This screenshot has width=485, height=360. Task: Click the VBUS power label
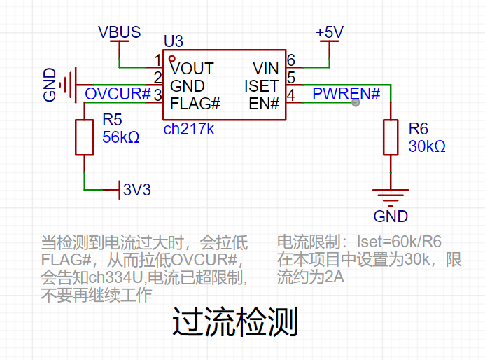point(120,32)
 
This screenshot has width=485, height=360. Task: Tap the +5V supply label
point(330,32)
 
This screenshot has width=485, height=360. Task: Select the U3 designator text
point(174,41)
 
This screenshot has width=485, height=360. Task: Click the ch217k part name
point(189,129)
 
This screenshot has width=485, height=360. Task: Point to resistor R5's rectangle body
point(85,137)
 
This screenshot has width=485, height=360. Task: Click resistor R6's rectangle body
point(391,137)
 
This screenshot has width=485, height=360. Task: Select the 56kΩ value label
point(121,137)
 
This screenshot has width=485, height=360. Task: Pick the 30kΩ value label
point(427,146)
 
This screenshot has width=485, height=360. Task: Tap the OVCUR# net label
point(118,94)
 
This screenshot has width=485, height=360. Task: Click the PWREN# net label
point(346,93)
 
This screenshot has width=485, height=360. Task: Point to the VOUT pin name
point(192,69)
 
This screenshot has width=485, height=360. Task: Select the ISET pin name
point(262,86)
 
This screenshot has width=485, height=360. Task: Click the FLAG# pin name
point(195,104)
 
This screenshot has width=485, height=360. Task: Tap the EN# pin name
point(264,104)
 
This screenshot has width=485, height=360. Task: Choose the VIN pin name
point(266,69)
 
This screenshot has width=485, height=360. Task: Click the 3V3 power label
point(137,189)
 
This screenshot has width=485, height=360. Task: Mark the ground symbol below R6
point(391,198)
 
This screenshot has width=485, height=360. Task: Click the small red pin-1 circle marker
point(172,59)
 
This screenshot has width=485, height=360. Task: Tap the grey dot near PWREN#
point(356,102)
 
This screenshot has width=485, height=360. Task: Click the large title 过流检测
point(235,322)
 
